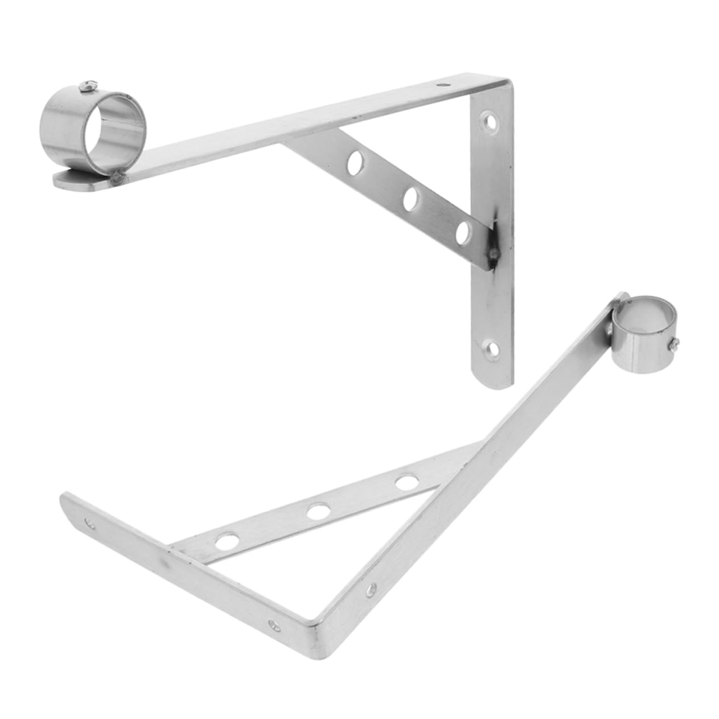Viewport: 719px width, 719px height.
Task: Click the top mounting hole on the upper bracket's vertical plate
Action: pos(488,121)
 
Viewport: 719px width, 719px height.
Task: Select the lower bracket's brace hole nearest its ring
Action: pos(406,482)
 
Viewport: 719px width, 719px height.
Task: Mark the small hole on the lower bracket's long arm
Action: pos(372,588)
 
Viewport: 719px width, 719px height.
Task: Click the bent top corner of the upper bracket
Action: pos(501,83)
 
